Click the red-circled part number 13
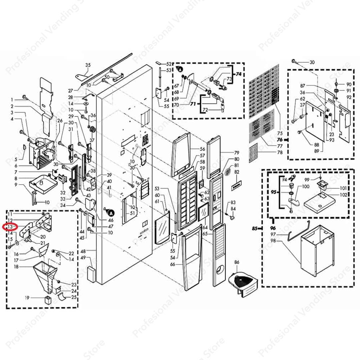point(10,227)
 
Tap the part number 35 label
point(88,65)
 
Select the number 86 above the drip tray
point(237,263)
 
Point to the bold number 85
point(255,229)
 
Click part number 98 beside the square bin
point(273,241)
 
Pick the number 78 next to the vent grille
point(279,152)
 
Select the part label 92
point(349,97)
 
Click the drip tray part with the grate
point(244,282)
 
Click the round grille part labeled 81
point(227,172)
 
